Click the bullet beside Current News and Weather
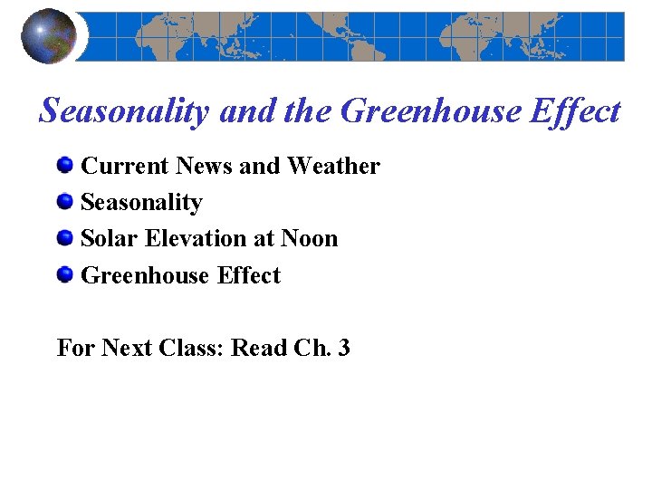[x=65, y=166]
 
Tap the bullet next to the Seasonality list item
[x=65, y=202]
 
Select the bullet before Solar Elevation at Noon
[x=65, y=238]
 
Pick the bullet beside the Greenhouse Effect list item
[x=65, y=274]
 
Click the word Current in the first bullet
[x=125, y=167]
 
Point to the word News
[x=205, y=167]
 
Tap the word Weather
[x=333, y=167]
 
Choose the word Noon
[x=309, y=239]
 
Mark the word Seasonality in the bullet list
[x=141, y=203]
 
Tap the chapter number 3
[x=343, y=348]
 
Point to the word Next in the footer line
[x=126, y=348]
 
